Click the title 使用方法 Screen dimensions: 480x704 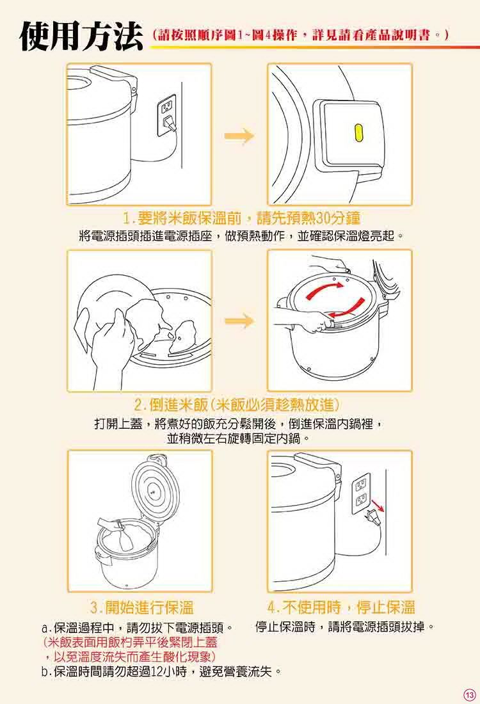coord(81,36)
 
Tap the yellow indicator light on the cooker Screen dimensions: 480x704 coord(358,132)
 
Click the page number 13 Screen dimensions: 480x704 coord(469,694)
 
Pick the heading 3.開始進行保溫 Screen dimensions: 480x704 coord(142,607)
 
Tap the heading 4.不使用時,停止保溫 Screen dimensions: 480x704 coord(341,607)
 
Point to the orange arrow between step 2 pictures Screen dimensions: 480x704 coord(239,321)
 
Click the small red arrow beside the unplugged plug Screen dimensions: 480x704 coord(378,506)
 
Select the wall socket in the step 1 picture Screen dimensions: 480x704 coord(166,115)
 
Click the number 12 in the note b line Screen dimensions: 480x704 coord(157,672)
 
